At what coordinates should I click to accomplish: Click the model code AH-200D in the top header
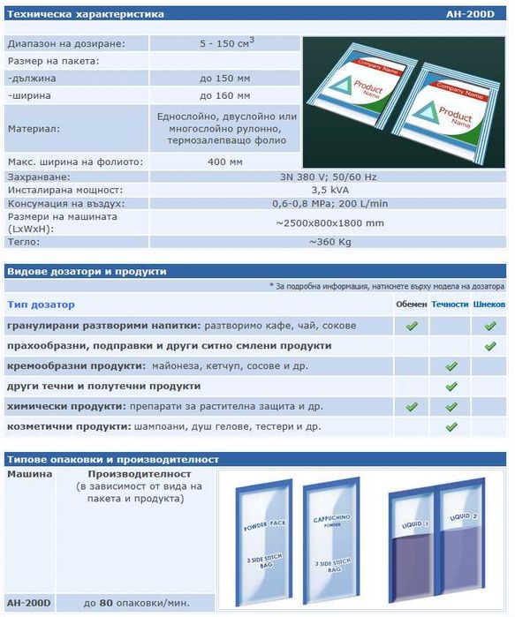(485, 16)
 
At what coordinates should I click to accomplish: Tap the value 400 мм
(224, 162)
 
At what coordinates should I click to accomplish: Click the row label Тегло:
(25, 241)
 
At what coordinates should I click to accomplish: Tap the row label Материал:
(34, 129)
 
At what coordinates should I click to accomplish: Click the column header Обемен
(411, 305)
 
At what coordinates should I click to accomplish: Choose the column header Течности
(451, 305)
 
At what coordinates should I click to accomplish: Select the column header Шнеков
(489, 305)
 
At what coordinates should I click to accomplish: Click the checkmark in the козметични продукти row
(451, 426)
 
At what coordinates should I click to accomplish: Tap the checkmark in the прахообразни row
(490, 346)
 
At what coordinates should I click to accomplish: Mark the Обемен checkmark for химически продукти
(411, 406)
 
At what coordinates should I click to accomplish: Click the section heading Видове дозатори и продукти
(87, 271)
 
